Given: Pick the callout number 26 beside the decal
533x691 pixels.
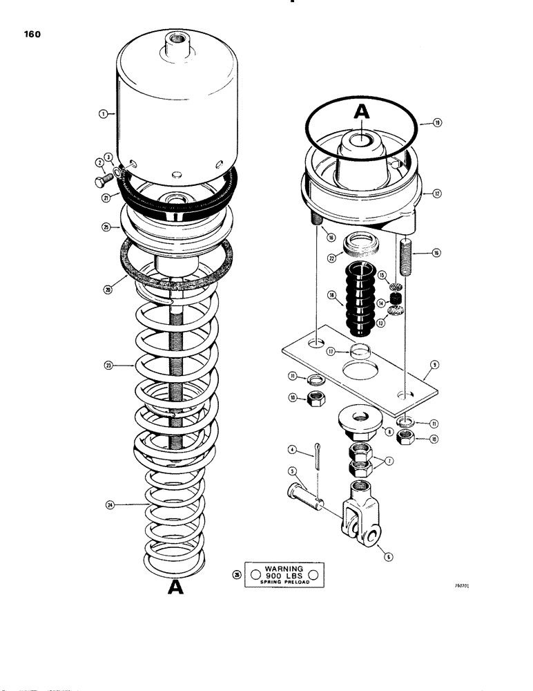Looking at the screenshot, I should (x=238, y=575).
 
